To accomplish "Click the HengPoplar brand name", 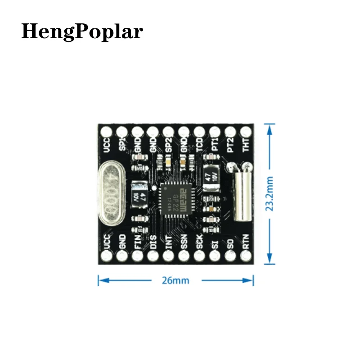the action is click(x=82, y=31).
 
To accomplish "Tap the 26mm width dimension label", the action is click(x=176, y=280).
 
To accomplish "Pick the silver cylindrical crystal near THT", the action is click(x=241, y=193).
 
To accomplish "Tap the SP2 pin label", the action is click(x=169, y=145).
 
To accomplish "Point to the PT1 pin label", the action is click(x=215, y=145).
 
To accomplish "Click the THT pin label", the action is click(x=246, y=145).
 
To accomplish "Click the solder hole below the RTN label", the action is click(x=246, y=256).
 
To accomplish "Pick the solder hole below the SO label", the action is click(x=230, y=256).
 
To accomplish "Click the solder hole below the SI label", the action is click(x=215, y=256).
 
